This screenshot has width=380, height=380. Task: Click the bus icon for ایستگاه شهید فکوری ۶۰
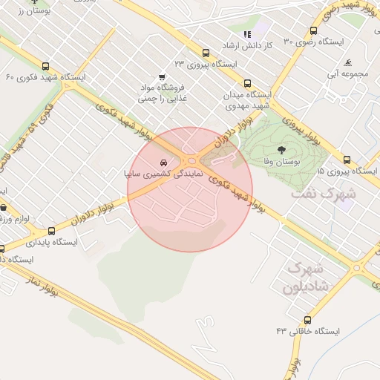[47, 66]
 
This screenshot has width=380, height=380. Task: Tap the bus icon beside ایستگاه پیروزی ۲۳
[206, 53]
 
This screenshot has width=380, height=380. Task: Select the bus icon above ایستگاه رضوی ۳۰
[314, 31]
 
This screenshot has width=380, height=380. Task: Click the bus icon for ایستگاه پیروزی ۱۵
[347, 160]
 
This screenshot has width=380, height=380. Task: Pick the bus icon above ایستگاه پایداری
[51, 231]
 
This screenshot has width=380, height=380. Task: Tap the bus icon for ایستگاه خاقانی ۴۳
[308, 320]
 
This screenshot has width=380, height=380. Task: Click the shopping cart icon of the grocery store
[163, 77]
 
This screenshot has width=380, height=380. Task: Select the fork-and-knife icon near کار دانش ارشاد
[248, 34]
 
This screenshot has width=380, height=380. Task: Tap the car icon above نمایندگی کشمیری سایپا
[163, 161]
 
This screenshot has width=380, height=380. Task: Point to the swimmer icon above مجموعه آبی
[349, 62]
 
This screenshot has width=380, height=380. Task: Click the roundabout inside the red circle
[192, 160]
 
